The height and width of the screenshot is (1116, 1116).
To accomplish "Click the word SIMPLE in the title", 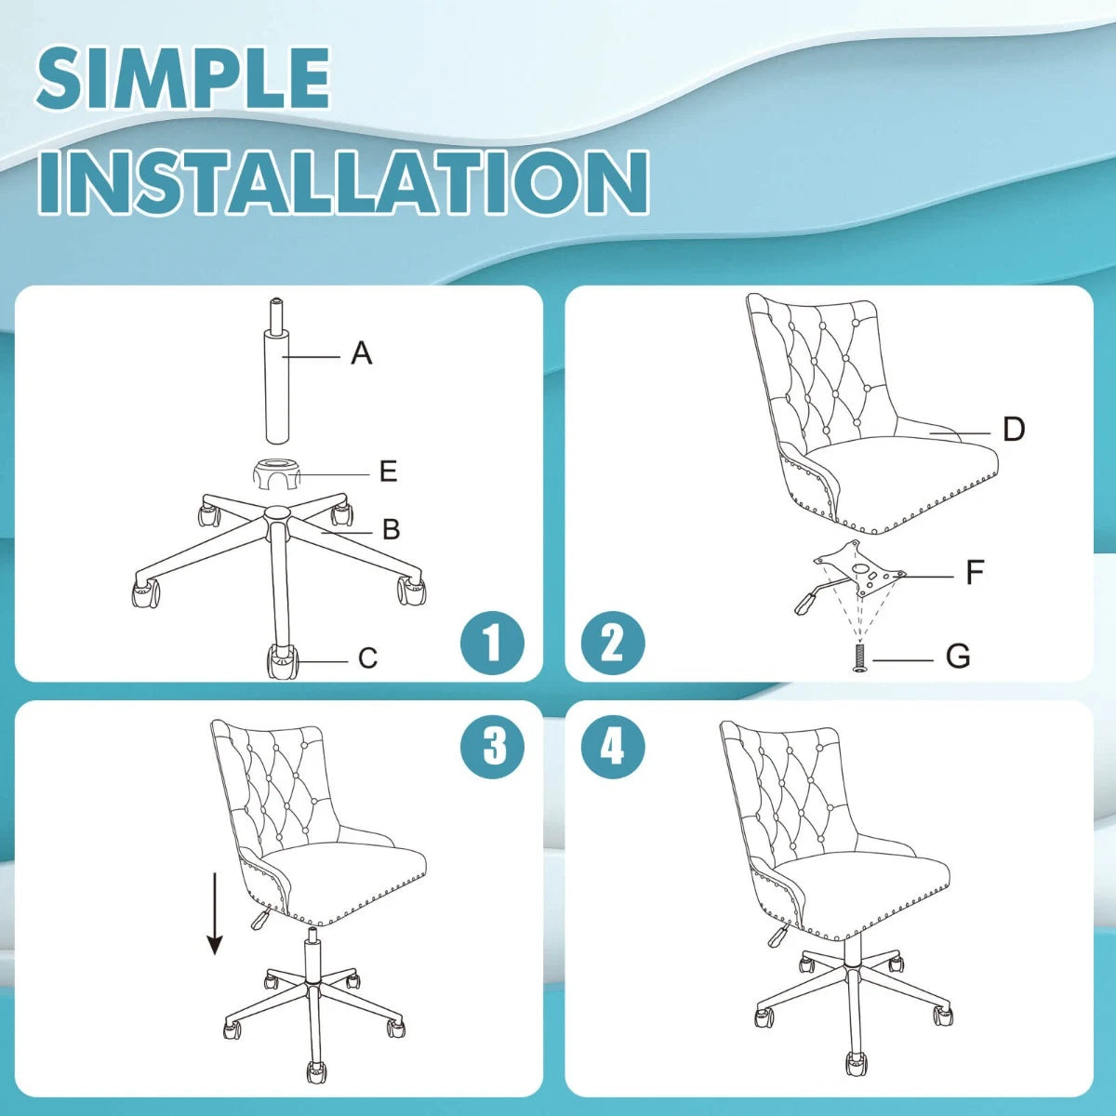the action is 183,78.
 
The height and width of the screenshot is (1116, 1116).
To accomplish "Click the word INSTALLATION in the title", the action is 344,182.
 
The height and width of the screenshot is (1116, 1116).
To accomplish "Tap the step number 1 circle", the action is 492,643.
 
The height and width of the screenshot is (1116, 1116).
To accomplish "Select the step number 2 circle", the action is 613,643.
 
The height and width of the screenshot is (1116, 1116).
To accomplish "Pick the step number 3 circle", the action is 492,746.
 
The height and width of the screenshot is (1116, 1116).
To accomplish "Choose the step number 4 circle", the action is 613,746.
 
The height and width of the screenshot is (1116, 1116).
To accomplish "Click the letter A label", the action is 362,352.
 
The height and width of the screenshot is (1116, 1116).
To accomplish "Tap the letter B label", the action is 392,529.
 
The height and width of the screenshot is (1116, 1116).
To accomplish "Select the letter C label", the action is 367,658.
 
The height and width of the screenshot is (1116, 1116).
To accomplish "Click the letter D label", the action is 1014,429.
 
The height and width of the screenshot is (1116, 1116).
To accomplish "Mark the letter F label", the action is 976,572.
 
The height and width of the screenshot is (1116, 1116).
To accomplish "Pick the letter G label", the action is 958,657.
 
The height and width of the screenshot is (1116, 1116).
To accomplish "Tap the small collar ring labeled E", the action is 277,474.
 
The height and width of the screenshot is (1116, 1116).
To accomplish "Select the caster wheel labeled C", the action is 282,661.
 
